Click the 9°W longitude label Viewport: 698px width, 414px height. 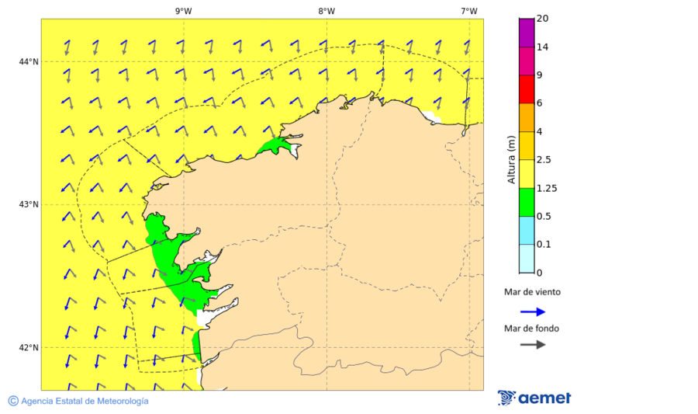click(183, 11)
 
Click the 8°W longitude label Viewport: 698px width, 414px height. click(327, 11)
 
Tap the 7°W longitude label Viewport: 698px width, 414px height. click(469, 11)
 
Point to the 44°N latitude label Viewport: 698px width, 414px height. click(29, 61)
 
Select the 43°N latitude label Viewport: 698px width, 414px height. click(29, 204)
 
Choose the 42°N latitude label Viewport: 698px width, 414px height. click(29, 347)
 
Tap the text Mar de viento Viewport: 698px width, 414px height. click(532, 293)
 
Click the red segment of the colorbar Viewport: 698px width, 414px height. click(527, 89)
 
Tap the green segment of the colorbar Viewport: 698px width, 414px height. click(527, 202)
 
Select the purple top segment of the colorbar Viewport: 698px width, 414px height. click(527, 33)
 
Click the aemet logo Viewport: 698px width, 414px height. click(534, 398)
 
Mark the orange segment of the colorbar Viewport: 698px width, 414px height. click(527, 117)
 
